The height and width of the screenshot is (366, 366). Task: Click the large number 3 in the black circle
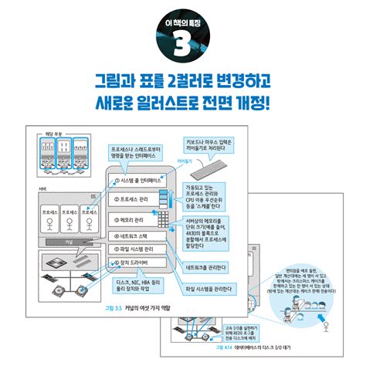click(182, 46)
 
